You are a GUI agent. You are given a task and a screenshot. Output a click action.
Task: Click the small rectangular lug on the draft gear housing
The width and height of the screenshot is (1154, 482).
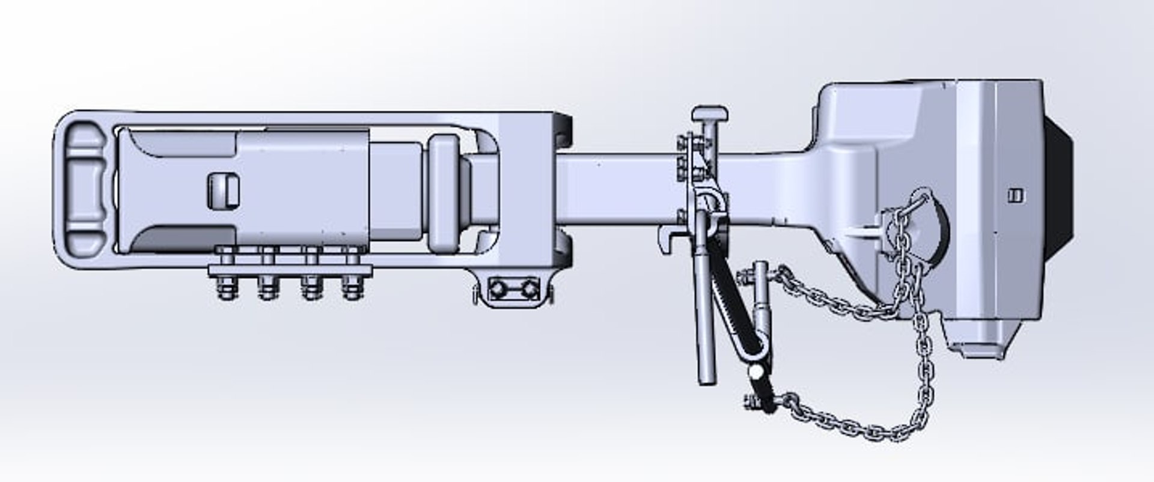click(x=224, y=191)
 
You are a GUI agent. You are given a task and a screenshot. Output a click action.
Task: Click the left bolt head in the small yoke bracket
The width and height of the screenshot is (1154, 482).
click(x=497, y=290)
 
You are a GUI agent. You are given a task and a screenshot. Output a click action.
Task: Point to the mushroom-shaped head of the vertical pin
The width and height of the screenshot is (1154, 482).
click(x=709, y=114)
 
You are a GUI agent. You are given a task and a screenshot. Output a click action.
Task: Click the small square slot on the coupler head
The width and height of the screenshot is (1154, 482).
click(x=1015, y=195)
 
